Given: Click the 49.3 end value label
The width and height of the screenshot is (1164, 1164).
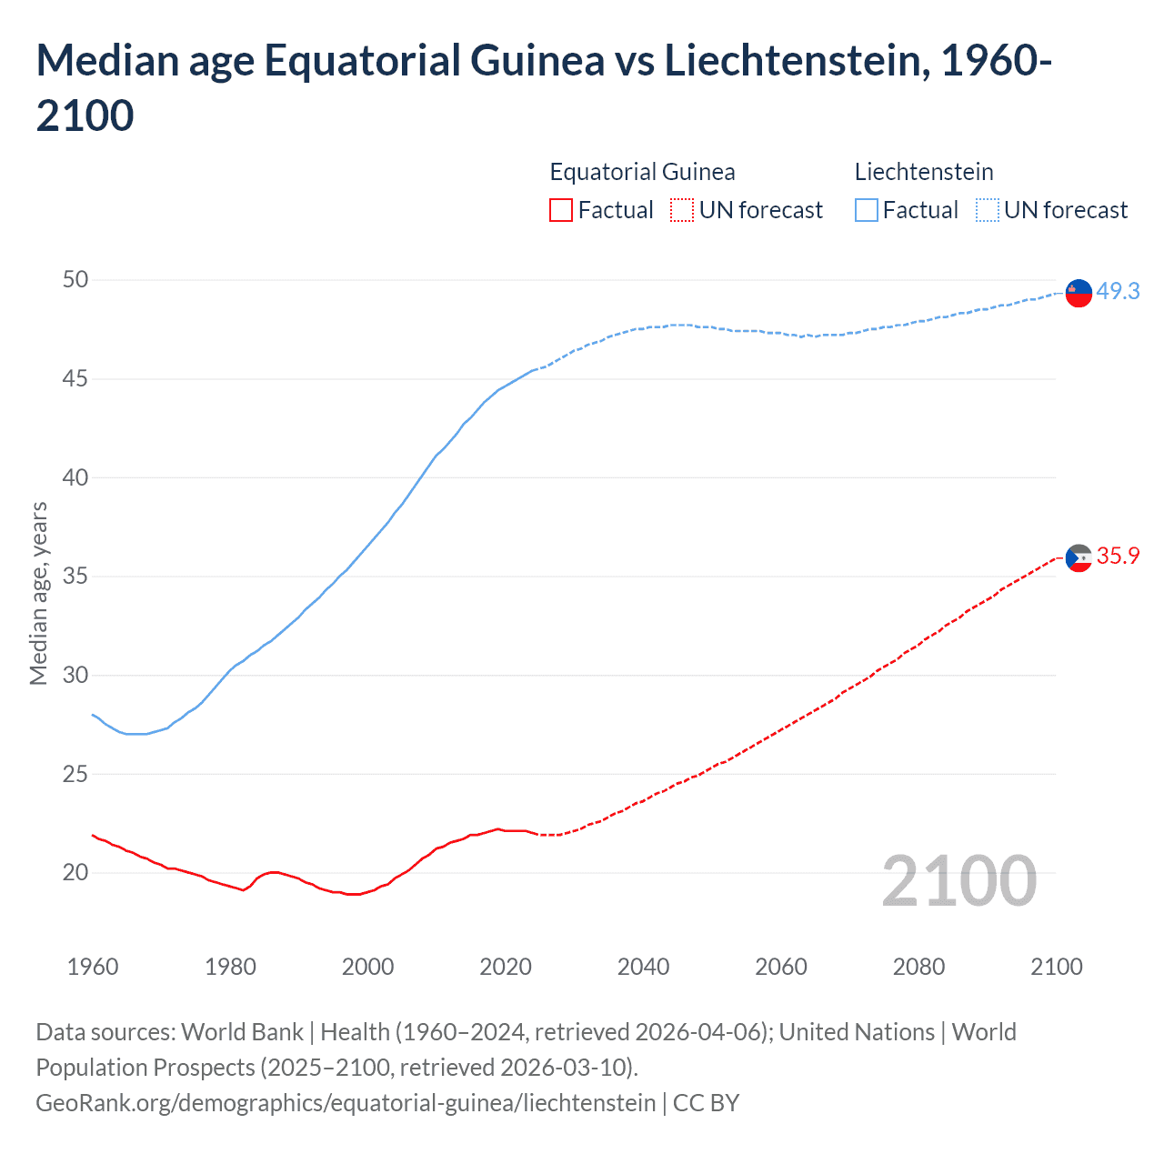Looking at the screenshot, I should (x=1118, y=291).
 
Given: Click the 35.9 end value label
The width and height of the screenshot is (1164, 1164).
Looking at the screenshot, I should (x=1118, y=556).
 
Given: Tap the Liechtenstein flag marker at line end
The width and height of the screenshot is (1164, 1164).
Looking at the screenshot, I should (x=1079, y=293).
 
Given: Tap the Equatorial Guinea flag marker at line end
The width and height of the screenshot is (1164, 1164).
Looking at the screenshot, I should (x=1079, y=558).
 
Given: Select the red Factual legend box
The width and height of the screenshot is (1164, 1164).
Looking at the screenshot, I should (x=561, y=210).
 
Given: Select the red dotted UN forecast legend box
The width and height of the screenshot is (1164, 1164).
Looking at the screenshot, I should (x=682, y=210).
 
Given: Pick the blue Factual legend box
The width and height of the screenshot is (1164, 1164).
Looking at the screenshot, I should (x=867, y=210).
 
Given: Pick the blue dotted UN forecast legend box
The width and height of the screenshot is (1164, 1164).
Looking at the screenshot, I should (x=987, y=210).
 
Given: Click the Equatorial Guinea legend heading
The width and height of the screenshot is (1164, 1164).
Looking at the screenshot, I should (x=642, y=172).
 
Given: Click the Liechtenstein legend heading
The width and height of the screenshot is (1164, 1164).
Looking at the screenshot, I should (x=924, y=172).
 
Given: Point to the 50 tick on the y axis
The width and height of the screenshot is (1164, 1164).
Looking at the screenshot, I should (x=75, y=279).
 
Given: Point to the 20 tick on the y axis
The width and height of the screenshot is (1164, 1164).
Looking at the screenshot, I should (x=75, y=872).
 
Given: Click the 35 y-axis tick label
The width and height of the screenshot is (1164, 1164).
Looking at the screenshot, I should (x=75, y=576).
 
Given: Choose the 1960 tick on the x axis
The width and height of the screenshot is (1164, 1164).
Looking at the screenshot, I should (x=93, y=966).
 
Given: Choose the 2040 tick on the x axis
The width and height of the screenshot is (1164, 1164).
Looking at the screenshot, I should (x=643, y=966).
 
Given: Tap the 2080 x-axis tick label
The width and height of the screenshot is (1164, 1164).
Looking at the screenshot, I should (x=918, y=966).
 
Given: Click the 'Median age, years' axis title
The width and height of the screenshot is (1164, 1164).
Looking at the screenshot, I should (x=38, y=593).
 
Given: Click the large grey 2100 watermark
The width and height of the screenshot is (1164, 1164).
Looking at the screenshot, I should (x=958, y=880).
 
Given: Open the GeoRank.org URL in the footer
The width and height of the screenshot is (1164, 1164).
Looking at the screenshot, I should (x=346, y=1103).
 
